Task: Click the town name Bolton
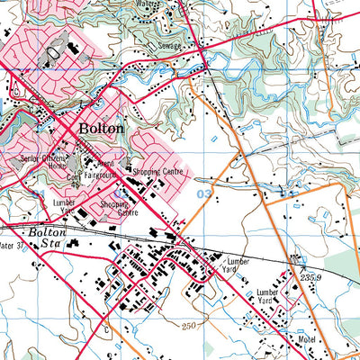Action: [x=102, y=129]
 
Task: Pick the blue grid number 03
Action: [x=204, y=193]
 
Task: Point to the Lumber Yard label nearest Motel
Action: [x=270, y=297]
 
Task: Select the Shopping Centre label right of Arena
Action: [x=159, y=168]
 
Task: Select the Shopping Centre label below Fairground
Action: [x=115, y=208]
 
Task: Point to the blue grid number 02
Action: [x=118, y=193]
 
